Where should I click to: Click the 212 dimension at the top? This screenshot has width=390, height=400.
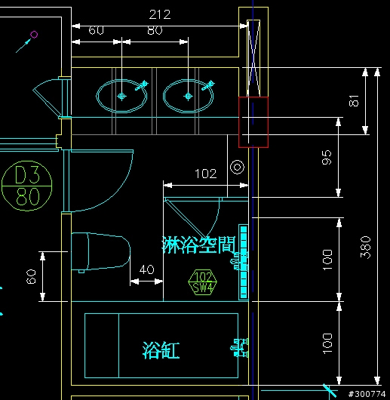click(160, 14)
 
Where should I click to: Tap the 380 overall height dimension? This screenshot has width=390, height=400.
click(366, 248)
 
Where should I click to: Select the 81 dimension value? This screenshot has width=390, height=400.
click(354, 100)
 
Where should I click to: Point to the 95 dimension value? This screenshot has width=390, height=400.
click(327, 158)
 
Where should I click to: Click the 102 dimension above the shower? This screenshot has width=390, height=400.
click(206, 174)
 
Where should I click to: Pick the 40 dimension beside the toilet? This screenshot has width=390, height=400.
click(147, 269)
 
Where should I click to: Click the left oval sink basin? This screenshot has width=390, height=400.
click(121, 96)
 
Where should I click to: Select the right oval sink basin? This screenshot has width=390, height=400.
click(189, 96)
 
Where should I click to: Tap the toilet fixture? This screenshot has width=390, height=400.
click(100, 252)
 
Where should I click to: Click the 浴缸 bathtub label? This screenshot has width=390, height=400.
click(161, 350)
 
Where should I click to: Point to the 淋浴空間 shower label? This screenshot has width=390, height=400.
click(199, 245)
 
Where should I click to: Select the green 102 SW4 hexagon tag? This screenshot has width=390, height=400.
click(203, 282)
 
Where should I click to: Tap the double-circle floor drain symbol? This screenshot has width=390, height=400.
click(237, 168)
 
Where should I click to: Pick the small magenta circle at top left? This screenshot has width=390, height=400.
click(34, 35)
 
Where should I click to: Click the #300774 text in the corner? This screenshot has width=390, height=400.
click(367, 394)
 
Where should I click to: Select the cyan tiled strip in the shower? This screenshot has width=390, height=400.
click(244, 262)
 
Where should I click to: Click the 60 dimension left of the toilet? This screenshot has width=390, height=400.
click(31, 276)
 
